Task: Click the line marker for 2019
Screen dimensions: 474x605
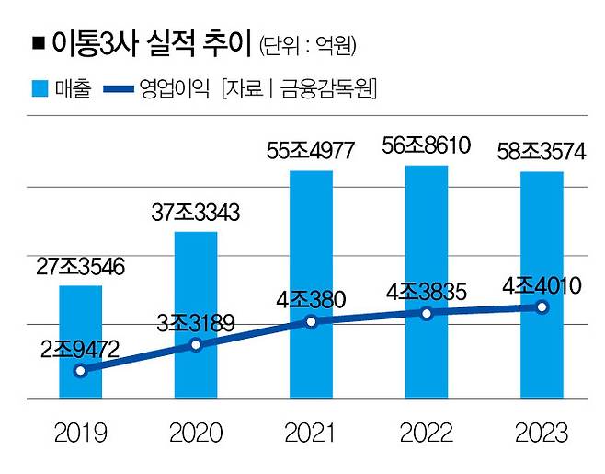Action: [x=81, y=371]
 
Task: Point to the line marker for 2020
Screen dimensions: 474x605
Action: [x=196, y=345]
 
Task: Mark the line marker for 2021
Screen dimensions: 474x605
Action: [x=311, y=321]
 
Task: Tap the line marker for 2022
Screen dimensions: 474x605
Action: [x=426, y=313]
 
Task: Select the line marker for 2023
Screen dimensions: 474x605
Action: [x=541, y=307]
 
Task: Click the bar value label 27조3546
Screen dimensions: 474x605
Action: [x=81, y=268]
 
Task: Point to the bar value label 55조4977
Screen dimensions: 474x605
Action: [x=311, y=151]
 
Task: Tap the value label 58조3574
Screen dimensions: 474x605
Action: [x=541, y=152]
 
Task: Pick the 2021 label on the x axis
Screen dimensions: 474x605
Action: [x=311, y=433]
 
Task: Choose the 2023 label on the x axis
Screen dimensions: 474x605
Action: [x=541, y=433]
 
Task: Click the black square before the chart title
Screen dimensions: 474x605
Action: [x=38, y=42]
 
